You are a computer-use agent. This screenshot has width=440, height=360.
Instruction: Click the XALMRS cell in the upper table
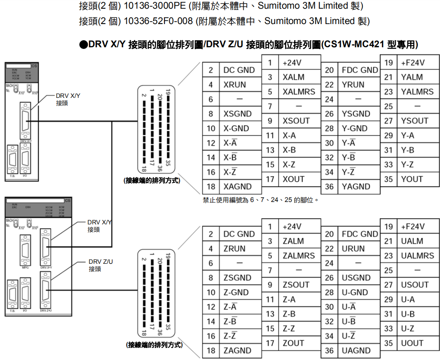299,92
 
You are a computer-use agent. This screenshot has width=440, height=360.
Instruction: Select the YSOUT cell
414,121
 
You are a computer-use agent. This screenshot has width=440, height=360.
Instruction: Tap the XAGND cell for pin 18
237,187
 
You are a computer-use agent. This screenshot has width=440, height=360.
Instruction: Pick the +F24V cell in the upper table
413,63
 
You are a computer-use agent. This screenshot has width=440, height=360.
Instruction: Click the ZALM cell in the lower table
293,241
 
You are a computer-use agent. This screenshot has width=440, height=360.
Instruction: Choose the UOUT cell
412,343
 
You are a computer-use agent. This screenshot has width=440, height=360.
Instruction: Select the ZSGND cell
237,277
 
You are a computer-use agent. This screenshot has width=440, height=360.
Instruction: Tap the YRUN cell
353,85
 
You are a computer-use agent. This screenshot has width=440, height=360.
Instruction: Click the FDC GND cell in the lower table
360,234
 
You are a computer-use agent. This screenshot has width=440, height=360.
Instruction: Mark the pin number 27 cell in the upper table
388,121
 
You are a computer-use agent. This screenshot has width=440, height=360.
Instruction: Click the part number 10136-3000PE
154,6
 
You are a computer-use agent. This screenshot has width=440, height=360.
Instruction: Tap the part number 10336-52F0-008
159,21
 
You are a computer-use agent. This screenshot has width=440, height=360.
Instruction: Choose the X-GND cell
236,129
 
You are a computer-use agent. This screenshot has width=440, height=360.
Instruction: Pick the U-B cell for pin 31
408,314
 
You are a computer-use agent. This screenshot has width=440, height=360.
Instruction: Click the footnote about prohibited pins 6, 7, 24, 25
261,200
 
